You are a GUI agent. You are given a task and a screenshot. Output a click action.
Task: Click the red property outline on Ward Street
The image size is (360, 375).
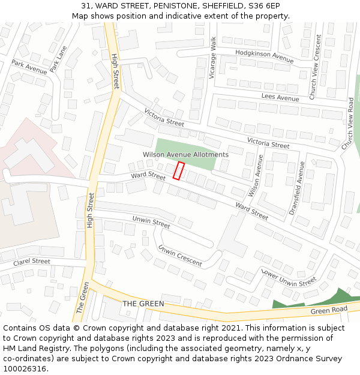[178, 170]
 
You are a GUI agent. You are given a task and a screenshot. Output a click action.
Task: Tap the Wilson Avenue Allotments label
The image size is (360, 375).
[185, 155]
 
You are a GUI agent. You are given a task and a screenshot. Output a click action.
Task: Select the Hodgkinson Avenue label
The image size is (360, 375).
[264, 56]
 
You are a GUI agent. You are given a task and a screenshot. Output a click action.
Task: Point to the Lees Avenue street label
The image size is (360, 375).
[280, 98]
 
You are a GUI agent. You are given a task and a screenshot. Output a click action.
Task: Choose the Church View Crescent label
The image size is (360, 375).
[315, 67]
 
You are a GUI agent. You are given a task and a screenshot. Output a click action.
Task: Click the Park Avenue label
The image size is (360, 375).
[29, 67]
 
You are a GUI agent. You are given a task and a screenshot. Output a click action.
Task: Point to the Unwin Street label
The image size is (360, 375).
[151, 222]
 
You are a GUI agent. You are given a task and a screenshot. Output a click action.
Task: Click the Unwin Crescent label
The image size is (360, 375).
[179, 256]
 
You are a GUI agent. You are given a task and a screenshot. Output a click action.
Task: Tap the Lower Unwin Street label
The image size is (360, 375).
[288, 276]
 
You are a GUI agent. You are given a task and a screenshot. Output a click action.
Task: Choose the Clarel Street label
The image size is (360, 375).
[32, 262]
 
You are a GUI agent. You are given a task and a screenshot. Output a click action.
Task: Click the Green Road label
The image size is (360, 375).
[329, 310]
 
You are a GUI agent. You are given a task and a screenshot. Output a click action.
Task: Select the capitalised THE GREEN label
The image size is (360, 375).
[143, 304]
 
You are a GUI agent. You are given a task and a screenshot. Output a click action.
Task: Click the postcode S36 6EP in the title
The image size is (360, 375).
[266, 6]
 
